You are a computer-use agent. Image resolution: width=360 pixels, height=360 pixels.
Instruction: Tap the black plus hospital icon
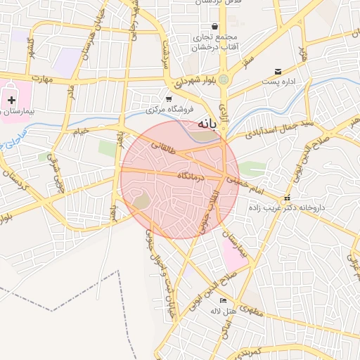click(11, 101)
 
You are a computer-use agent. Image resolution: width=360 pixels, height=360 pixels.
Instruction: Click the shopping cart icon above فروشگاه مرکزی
click(169, 98)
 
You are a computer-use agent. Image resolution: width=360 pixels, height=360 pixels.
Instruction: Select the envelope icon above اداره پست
click(278, 71)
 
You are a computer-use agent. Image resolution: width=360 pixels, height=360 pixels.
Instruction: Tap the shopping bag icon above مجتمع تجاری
click(214, 26)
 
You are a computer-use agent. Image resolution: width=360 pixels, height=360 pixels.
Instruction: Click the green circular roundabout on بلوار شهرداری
click(224, 79)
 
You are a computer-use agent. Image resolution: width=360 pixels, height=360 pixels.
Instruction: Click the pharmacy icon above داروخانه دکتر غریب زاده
click(286, 199)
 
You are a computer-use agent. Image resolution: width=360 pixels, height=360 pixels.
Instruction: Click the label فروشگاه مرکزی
click(165, 110)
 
